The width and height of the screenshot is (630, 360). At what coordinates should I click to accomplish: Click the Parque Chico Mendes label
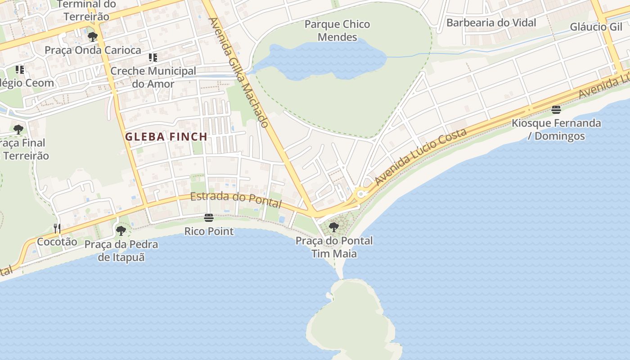[337, 31]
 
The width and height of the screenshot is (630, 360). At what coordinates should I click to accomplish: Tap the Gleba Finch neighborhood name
[166, 137]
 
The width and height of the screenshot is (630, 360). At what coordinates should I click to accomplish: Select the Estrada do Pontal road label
[236, 199]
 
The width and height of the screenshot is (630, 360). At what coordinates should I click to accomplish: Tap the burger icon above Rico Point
[208, 218]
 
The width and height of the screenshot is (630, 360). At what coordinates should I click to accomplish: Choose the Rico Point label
[209, 231]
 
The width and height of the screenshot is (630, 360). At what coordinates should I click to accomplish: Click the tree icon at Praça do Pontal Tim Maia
[333, 227]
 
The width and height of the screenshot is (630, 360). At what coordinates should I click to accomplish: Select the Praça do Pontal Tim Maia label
[334, 247]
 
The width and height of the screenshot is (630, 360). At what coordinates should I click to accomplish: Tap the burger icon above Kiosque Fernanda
[556, 110]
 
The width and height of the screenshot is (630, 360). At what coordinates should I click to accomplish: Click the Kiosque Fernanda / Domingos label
[556, 130]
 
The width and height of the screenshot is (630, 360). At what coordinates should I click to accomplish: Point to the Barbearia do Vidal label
[491, 22]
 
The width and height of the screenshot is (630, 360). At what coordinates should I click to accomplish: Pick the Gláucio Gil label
[596, 27]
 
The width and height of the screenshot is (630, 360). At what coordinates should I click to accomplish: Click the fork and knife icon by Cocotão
[57, 229]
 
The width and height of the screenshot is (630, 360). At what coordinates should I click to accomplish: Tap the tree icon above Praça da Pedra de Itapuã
[121, 231]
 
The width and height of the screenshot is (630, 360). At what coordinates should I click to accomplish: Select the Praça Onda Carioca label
[93, 50]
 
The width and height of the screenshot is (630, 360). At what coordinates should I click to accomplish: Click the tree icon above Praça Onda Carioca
[93, 37]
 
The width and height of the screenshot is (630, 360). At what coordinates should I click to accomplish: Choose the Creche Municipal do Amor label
[153, 77]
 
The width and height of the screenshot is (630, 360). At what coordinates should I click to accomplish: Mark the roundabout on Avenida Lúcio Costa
[360, 194]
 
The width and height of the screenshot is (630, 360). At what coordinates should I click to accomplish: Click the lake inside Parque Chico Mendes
[324, 61]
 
